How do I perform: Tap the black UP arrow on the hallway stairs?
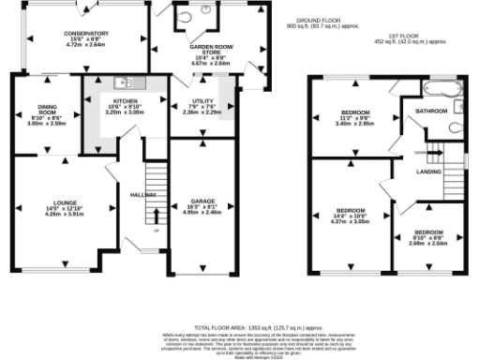click(x=156, y=215)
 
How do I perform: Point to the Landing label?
click(x=430, y=171)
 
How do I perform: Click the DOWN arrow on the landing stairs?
click(x=421, y=152)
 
